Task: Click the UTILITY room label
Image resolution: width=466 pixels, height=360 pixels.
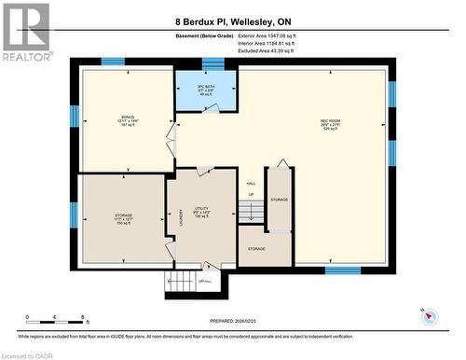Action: pyautogui.click(x=201, y=211)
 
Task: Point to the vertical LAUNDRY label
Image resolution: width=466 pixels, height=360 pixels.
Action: pyautogui.click(x=180, y=216)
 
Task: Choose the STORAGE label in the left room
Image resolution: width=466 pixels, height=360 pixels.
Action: pyautogui.click(x=123, y=217)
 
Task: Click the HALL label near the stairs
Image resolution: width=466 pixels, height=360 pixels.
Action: pyautogui.click(x=251, y=184)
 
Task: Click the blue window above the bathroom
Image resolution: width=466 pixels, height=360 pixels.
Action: pyautogui.click(x=213, y=62)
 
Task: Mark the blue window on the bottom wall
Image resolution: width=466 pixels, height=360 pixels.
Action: pyautogui.click(x=342, y=270)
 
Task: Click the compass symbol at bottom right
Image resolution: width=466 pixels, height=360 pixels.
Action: pyautogui.click(x=430, y=315)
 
